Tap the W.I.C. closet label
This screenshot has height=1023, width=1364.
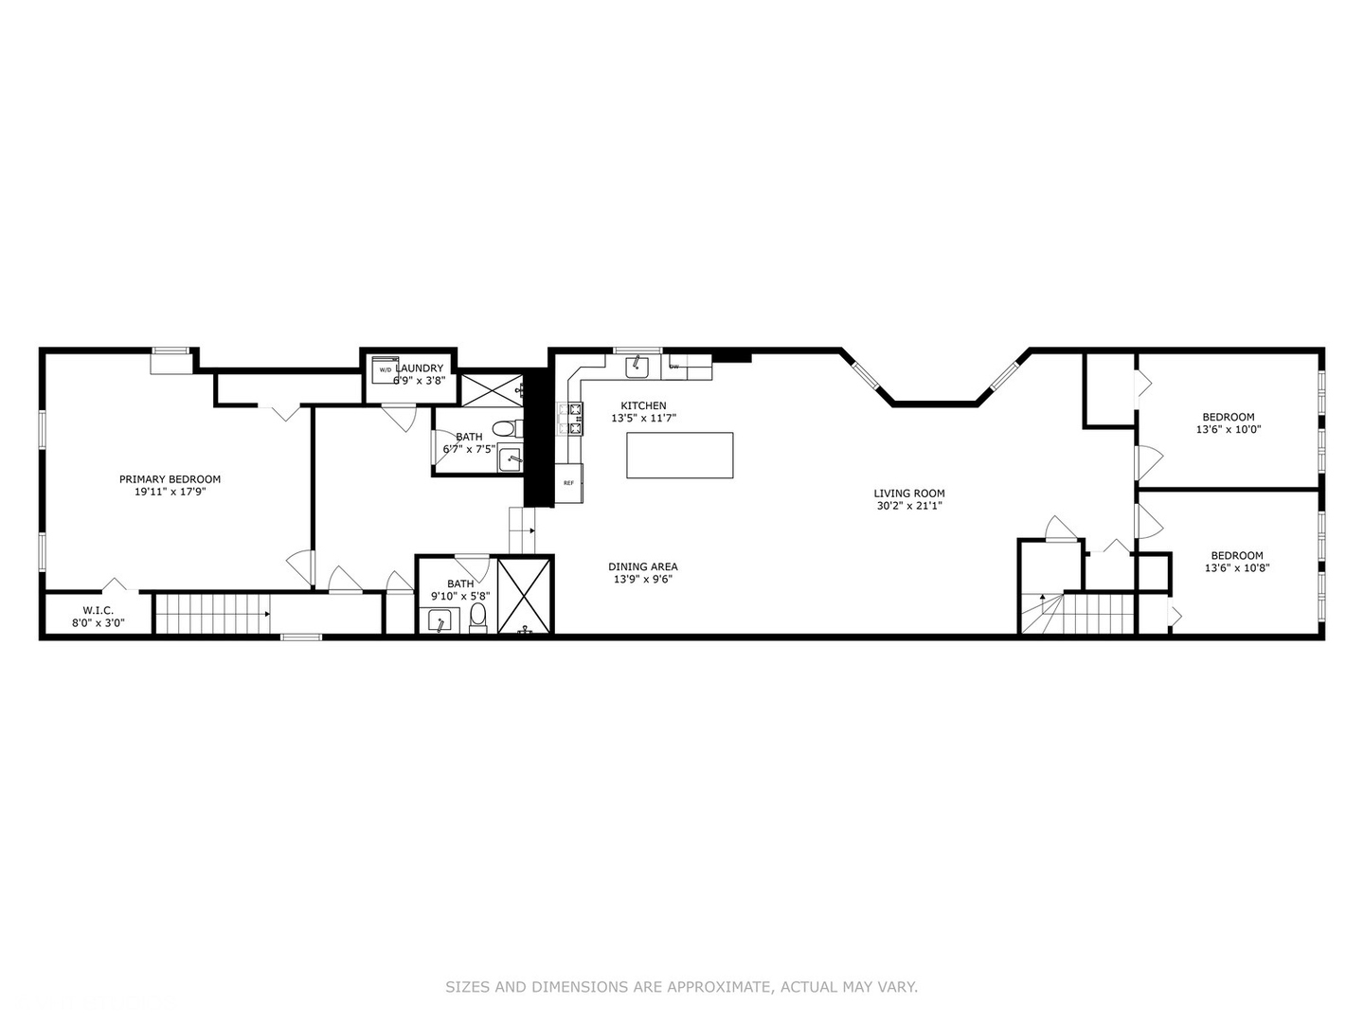tap(99, 611)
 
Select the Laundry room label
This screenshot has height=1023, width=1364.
tap(420, 368)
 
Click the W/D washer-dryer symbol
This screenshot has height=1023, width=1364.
tap(386, 369)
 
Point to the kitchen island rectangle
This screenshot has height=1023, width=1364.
tap(679, 456)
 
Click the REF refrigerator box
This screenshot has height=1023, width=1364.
tap(568, 483)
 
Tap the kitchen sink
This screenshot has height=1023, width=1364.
tap(637, 368)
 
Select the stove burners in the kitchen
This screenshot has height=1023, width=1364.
tap(571, 419)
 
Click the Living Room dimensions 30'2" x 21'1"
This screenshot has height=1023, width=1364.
tap(909, 506)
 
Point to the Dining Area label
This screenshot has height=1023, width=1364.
tap(642, 566)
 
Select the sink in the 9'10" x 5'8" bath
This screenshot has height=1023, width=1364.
tap(440, 621)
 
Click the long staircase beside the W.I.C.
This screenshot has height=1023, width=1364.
tap(212, 614)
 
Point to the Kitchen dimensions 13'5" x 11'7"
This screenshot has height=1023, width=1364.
tap(643, 418)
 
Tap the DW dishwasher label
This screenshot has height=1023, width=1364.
tap(673, 367)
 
